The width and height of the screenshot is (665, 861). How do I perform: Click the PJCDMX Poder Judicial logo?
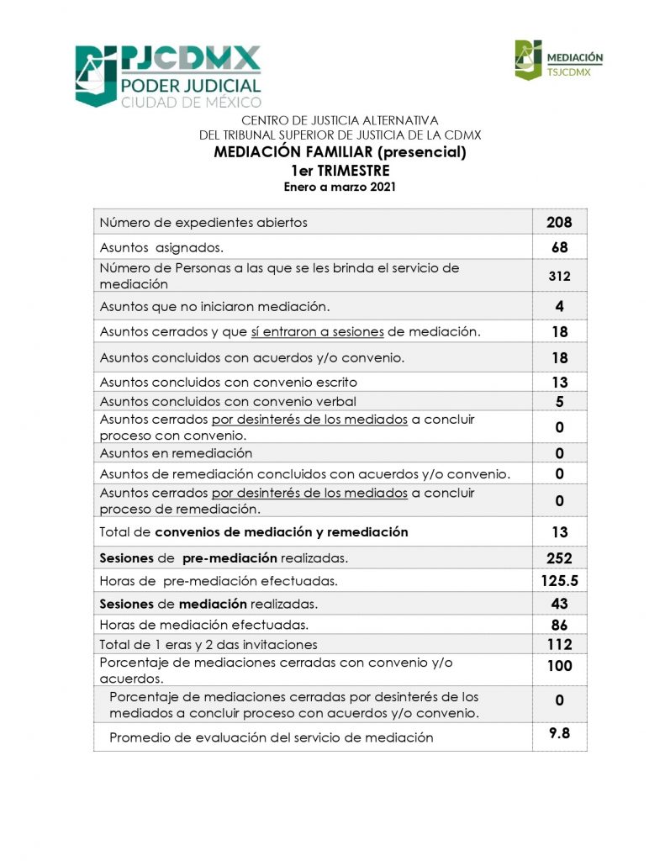tap(168, 76)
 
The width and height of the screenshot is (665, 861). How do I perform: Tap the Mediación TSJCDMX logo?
tap(559, 61)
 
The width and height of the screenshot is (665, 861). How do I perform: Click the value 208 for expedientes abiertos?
tap(559, 223)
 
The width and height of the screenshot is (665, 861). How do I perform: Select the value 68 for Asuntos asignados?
tap(560, 248)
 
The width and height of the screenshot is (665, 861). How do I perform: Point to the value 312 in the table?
tap(560, 276)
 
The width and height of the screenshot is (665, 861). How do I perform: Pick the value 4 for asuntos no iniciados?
tap(560, 306)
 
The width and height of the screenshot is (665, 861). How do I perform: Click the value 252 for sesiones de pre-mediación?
tap(559, 558)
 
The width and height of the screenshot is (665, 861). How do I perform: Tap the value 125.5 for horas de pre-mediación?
tap(560, 581)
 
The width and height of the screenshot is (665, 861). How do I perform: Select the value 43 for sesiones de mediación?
tap(560, 604)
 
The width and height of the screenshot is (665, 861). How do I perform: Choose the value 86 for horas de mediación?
tap(560, 625)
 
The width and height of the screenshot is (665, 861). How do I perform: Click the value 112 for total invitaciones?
tap(559, 645)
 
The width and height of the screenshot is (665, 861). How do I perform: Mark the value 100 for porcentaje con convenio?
tap(559, 666)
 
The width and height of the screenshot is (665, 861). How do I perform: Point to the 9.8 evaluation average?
tap(560, 733)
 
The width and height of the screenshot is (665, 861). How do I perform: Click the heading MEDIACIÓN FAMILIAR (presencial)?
tap(340, 153)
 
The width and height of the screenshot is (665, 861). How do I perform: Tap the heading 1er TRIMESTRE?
tap(340, 171)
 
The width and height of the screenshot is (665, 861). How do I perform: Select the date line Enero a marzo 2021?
tap(340, 187)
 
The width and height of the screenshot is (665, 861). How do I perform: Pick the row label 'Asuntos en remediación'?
tap(176, 454)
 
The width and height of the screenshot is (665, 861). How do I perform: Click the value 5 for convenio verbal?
tap(560, 402)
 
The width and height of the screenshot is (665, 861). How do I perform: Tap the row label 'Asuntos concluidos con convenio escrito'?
tap(222, 383)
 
